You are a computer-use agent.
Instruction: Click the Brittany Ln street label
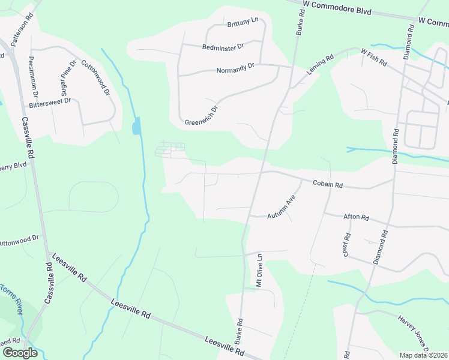tap(243, 21)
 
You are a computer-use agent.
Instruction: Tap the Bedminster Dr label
tap(223, 46)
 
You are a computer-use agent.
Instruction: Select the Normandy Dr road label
tap(235, 70)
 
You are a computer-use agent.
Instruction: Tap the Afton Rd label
tap(355, 217)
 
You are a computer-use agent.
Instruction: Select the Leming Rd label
tap(320, 65)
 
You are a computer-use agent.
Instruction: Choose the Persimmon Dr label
tap(32, 77)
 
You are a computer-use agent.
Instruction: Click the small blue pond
tap(137, 125)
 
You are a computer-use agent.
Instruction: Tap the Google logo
tap(20, 353)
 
